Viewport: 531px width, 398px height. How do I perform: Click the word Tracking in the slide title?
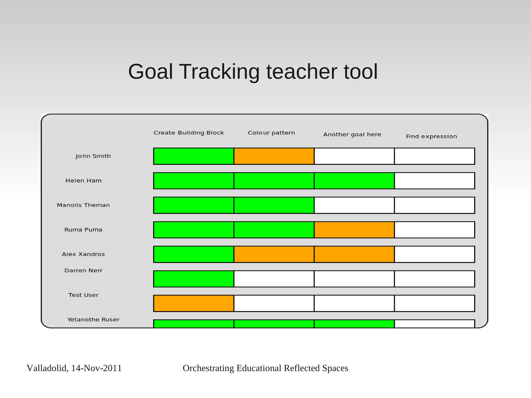[x=219, y=72]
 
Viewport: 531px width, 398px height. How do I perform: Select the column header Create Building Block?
[x=189, y=133]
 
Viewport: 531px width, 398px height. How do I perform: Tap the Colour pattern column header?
[x=271, y=133]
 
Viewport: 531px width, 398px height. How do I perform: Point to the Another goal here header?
[x=352, y=135]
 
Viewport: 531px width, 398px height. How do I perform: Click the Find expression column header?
[x=431, y=137]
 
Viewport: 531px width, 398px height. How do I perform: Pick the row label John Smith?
[x=93, y=156]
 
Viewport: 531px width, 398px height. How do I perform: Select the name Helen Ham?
[x=83, y=181]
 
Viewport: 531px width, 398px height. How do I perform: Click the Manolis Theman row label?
[x=83, y=205]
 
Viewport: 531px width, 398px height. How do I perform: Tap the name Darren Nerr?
[x=83, y=271]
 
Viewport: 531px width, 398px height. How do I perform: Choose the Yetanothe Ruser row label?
[x=93, y=320]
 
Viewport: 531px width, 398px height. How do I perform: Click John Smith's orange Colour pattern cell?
[x=274, y=156]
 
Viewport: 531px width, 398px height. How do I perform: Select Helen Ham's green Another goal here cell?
[x=354, y=181]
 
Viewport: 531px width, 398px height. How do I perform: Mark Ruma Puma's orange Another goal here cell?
[x=354, y=230]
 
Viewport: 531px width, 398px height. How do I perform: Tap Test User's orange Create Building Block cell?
[x=194, y=303]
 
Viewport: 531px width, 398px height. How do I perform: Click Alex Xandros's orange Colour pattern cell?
[x=274, y=254]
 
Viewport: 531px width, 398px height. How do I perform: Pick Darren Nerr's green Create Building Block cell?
[x=194, y=279]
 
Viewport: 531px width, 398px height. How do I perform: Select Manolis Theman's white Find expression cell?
[x=435, y=205]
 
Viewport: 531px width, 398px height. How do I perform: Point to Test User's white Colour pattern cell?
[x=274, y=303]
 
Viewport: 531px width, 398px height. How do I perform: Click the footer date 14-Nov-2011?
[x=96, y=368]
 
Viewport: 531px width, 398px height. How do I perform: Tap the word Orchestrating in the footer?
[x=208, y=368]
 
